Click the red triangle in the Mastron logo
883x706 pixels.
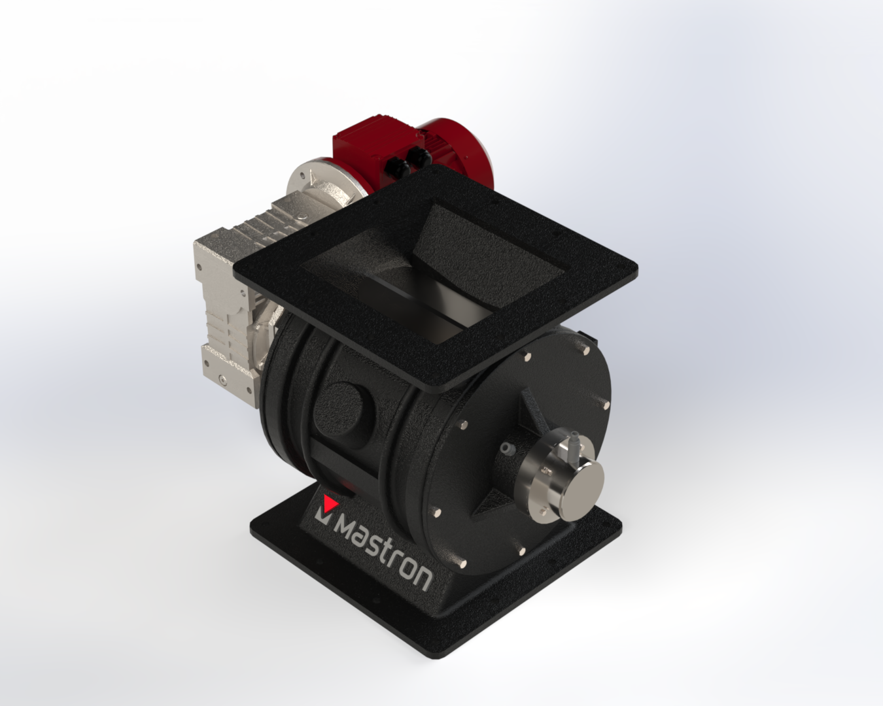[330, 502]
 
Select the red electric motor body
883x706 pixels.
[415, 155]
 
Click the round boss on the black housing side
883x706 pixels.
[344, 409]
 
